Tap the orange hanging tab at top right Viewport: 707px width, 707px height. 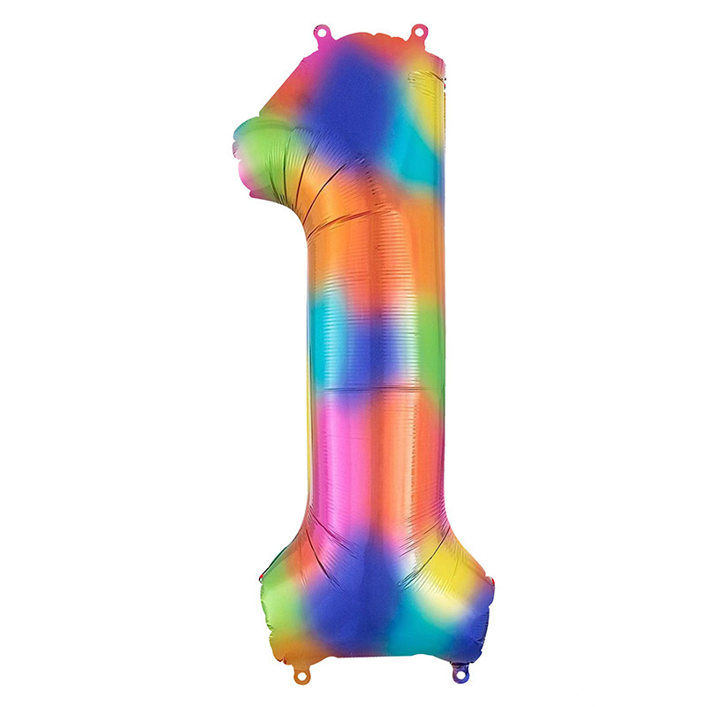coord(418,33)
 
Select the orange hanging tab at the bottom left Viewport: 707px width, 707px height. coord(300,674)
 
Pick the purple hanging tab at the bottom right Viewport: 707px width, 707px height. coord(459,673)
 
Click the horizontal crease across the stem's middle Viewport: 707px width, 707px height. coord(376,386)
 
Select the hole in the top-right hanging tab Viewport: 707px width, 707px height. coord(418,31)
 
